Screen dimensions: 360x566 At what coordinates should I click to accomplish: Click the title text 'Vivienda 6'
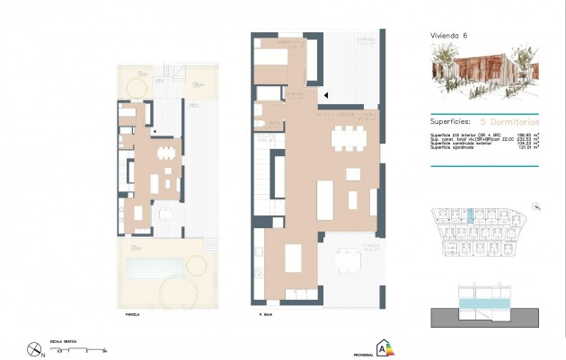click(449, 35)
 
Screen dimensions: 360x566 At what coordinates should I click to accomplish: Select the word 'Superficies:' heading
click(450, 119)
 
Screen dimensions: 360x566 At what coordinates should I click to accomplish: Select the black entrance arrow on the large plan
click(326, 93)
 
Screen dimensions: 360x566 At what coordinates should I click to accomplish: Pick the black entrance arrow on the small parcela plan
click(156, 130)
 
